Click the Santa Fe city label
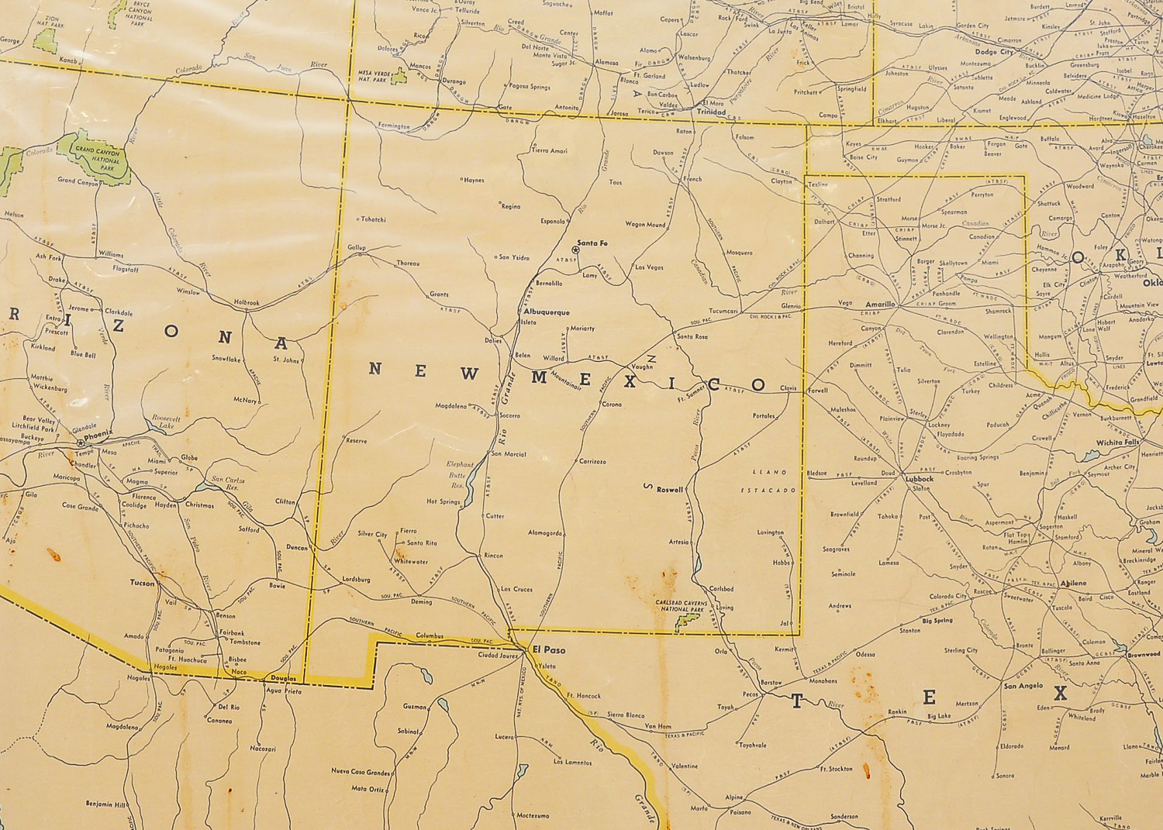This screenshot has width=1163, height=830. point(592,243)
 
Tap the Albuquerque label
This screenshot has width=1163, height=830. point(547,312)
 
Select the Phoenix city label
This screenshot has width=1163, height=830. point(98,435)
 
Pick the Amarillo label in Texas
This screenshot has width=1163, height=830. point(881,305)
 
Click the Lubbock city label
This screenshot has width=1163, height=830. point(920,479)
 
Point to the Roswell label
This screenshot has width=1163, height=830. point(670,490)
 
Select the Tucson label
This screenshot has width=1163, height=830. point(143,583)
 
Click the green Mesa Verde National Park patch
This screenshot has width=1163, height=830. point(399,76)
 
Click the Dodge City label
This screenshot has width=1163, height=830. point(993,52)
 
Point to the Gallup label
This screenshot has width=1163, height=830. point(357,247)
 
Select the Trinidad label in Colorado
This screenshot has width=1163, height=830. point(711,112)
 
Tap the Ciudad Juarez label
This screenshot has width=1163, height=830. point(498,656)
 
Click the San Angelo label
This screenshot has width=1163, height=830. point(1023,686)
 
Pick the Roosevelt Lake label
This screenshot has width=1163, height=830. point(166,422)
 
